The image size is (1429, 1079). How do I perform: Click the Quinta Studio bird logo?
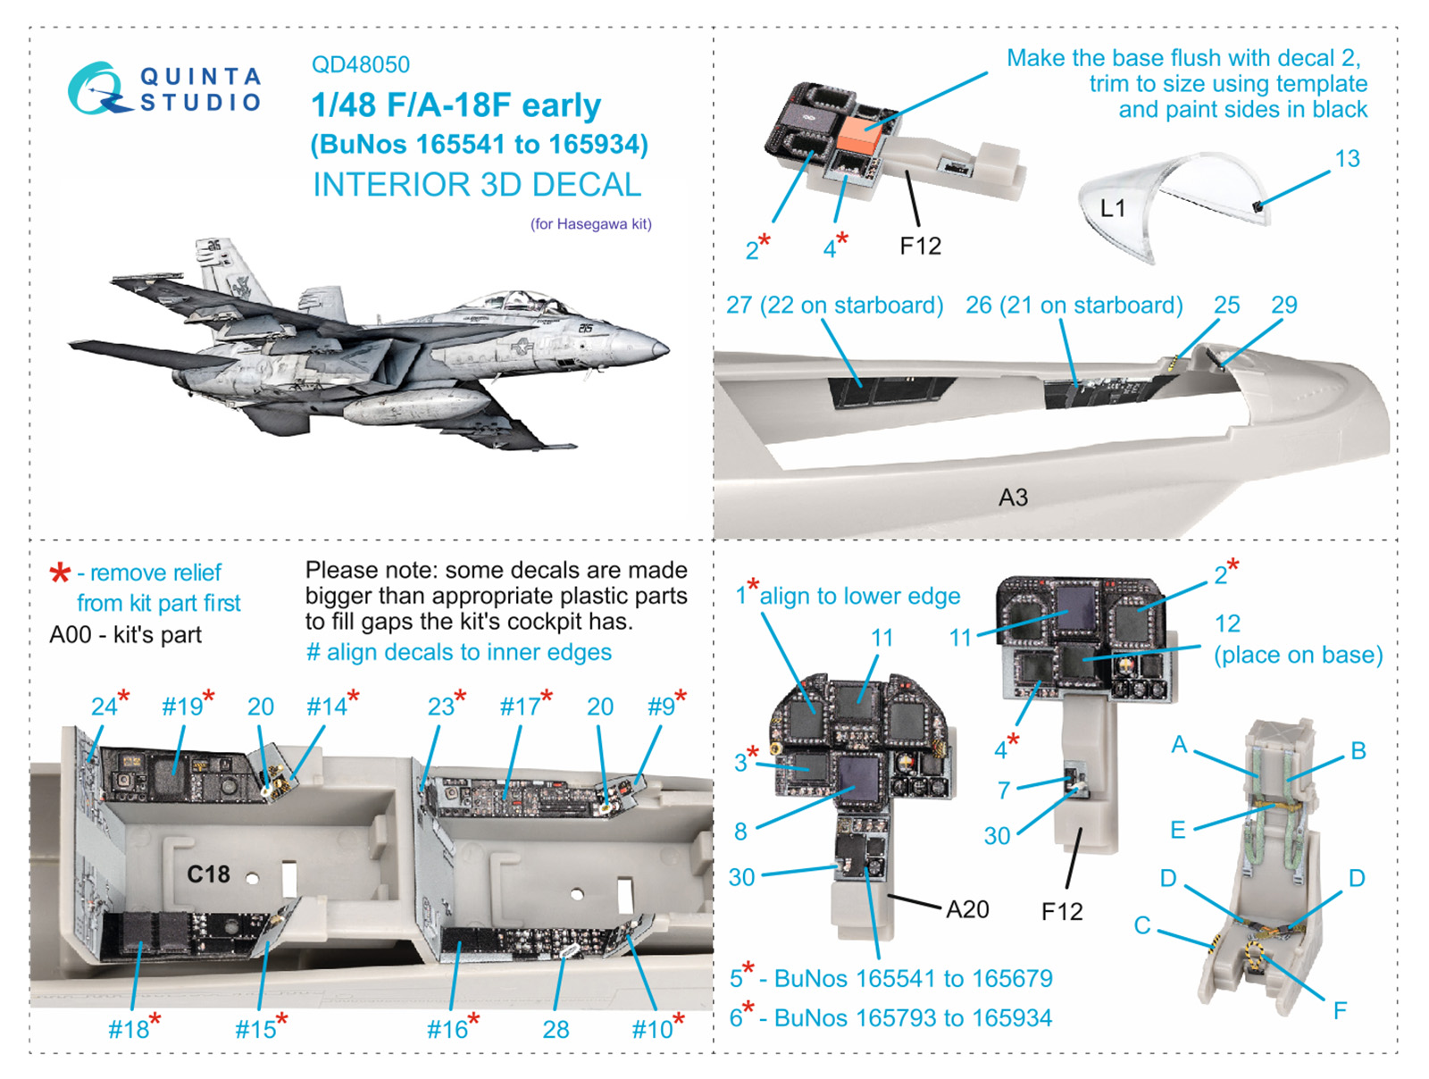[x=96, y=88]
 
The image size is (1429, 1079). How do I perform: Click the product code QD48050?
[x=360, y=64]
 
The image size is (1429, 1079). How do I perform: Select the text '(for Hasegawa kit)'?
[x=590, y=224]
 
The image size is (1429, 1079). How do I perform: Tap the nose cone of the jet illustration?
[x=660, y=346]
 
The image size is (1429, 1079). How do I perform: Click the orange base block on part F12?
[x=858, y=137]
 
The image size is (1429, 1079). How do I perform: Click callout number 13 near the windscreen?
[x=1347, y=159]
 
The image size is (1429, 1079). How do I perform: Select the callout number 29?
[x=1283, y=305]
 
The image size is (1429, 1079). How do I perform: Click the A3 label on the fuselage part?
[x=1013, y=498]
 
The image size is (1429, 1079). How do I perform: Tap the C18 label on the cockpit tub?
[x=208, y=874]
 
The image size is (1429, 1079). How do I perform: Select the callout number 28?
[x=556, y=1030]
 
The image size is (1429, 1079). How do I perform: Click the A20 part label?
[x=967, y=909]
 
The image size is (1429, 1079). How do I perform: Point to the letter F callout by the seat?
[x=1339, y=1010]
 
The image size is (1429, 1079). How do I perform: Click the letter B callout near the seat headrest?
[x=1358, y=751]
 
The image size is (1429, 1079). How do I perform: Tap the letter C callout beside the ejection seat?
[x=1141, y=925]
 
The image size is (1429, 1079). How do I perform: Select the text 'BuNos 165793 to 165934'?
[x=913, y=1017]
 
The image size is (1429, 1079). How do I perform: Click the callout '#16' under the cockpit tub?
[x=447, y=1030]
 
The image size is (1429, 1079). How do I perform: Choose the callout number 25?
[x=1226, y=305]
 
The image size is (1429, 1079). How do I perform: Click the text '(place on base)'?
[x=1298, y=655]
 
